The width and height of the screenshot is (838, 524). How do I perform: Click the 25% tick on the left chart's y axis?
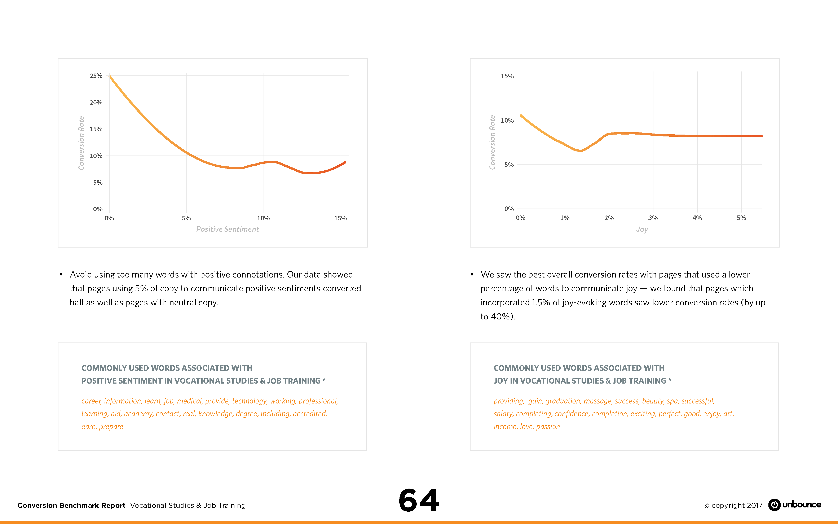point(96,75)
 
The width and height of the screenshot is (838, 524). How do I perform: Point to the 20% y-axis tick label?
point(96,102)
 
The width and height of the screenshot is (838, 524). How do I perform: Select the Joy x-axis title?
point(642,229)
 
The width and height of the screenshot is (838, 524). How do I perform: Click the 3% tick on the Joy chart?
point(653,218)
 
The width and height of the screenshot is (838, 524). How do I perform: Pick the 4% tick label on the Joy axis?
point(697,218)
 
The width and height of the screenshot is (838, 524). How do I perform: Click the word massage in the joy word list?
point(597,401)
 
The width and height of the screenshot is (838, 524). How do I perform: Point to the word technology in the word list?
point(249,401)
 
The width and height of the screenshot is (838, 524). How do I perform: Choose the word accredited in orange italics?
point(310,414)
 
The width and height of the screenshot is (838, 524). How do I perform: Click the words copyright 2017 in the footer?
point(737,505)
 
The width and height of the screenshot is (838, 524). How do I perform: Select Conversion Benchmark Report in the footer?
point(71,505)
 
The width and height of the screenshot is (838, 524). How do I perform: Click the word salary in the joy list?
point(503,414)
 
